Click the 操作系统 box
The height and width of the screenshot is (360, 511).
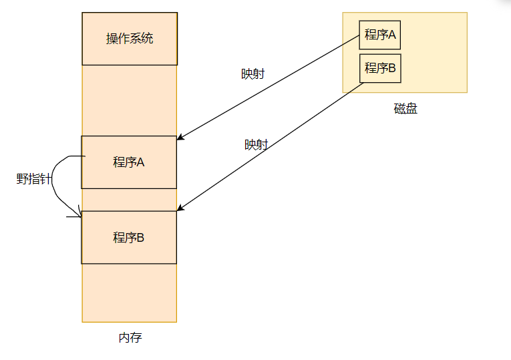130,39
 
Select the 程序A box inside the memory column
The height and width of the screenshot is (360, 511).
129,162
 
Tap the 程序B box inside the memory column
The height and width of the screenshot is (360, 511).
129,237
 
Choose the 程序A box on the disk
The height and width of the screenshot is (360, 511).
380,35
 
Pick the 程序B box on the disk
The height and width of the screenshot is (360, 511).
380,68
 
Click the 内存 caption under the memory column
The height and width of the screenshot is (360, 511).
130,337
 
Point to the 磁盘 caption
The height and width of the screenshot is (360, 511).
405,109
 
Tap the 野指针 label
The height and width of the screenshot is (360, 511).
34,179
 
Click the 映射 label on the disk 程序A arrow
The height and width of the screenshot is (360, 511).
252,74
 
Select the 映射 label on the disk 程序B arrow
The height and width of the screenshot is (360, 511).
256,145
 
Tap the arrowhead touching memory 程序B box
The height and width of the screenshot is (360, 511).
180,210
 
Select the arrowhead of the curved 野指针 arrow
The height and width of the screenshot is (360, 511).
79,212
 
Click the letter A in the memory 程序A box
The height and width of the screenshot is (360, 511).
141,162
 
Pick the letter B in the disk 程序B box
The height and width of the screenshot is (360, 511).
392,68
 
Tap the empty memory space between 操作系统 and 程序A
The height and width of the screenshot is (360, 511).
130,100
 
